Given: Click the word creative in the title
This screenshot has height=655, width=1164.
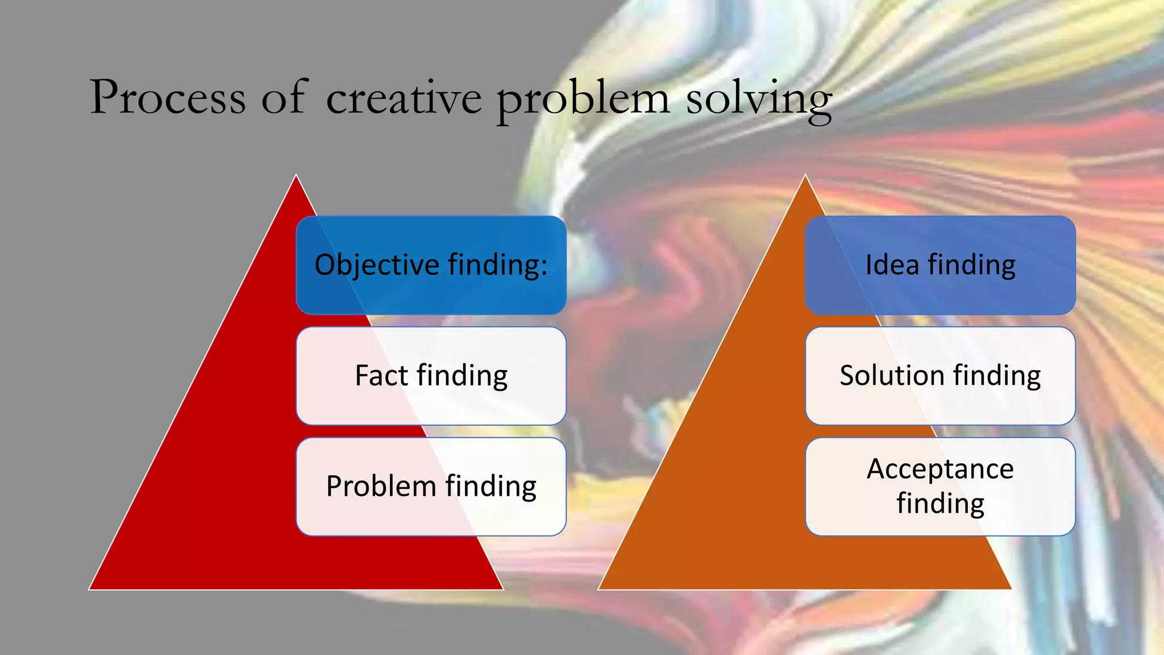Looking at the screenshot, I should coord(404,98).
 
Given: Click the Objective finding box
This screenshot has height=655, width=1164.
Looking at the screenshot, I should coord(431,265).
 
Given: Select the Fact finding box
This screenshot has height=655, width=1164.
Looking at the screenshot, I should coord(431,376).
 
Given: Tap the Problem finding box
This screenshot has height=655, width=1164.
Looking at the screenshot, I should coord(431,487).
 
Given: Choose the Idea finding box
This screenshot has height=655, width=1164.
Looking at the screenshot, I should coord(940,265).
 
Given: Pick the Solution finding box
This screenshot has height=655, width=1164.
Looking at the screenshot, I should coord(940,376).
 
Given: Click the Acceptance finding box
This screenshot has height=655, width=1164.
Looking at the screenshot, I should coord(940,487).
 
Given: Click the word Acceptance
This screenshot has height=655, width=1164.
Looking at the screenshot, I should coord(940,470).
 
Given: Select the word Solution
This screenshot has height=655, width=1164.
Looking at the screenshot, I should coord(892,376).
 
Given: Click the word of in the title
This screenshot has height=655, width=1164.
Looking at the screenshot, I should coord(284,98).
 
